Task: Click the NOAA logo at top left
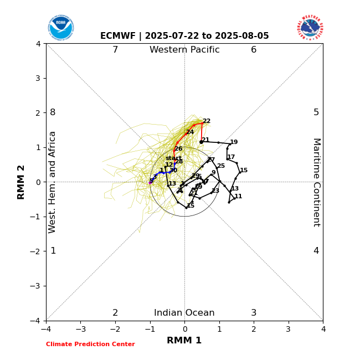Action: tap(60, 27)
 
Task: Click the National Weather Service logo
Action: tap(310, 27)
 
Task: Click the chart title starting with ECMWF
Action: tap(184, 36)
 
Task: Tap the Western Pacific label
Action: tap(184, 50)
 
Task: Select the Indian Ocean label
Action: tap(184, 313)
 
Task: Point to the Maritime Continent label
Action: tap(316, 182)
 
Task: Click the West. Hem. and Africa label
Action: tap(53, 182)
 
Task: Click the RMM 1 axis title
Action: tap(184, 341)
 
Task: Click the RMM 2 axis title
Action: tap(22, 181)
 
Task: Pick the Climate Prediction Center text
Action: tap(90, 344)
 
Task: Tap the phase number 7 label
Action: tap(115, 50)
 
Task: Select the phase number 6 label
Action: tap(254, 50)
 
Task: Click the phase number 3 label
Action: tap(254, 313)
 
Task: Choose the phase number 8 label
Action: tap(53, 112)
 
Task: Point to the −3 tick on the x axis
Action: tap(80, 329)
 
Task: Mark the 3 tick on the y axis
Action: tap(38, 78)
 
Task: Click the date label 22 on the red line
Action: tap(207, 121)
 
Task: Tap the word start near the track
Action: tap(173, 158)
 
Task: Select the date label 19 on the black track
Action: tap(234, 142)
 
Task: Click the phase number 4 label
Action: tap(316, 251)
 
